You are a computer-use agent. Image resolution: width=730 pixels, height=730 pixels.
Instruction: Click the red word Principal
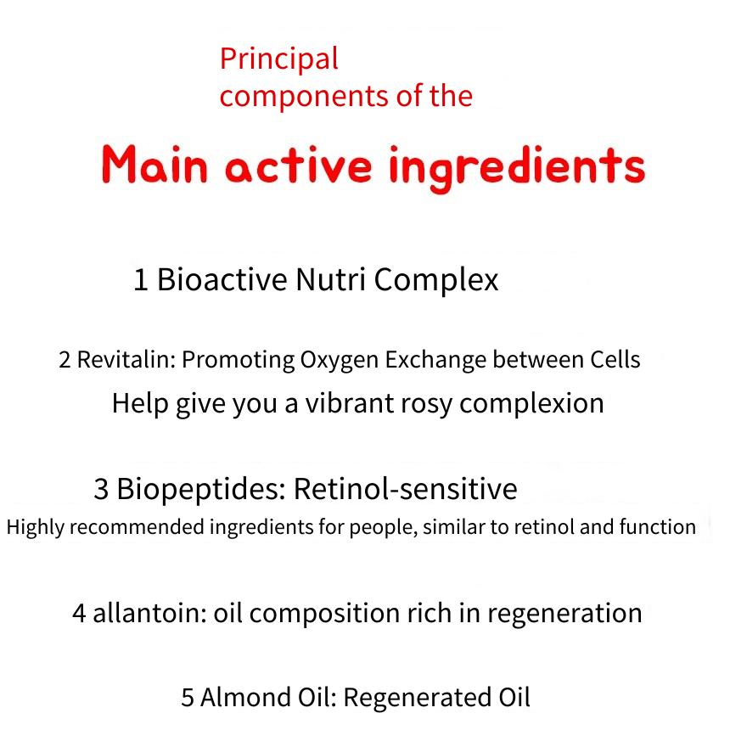pyautogui.click(x=279, y=59)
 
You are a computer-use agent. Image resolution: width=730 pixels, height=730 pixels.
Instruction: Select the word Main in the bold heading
pyautogui.click(x=154, y=164)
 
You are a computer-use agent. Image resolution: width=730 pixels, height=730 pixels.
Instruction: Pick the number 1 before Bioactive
pyautogui.click(x=141, y=280)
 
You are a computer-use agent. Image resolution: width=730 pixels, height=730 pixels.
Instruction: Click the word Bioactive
pyautogui.click(x=222, y=279)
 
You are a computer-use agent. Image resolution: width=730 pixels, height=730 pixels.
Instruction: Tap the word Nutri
pyautogui.click(x=330, y=279)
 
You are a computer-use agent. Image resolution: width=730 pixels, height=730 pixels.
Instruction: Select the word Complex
pyautogui.click(x=436, y=280)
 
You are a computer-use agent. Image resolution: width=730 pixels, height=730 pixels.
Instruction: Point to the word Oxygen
pyautogui.click(x=339, y=361)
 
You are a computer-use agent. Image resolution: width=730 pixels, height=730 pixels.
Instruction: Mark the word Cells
pyautogui.click(x=615, y=359)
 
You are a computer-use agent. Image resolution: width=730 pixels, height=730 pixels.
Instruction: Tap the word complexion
pyautogui.click(x=531, y=404)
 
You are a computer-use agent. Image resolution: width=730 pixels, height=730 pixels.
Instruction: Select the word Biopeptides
pyautogui.click(x=201, y=489)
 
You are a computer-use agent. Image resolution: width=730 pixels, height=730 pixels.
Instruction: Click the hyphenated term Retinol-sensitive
pyautogui.click(x=406, y=489)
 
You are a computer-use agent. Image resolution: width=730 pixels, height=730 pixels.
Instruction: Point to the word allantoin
pyautogui.click(x=149, y=613)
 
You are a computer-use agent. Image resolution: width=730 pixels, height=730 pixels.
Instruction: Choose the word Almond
pyautogui.click(x=246, y=698)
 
